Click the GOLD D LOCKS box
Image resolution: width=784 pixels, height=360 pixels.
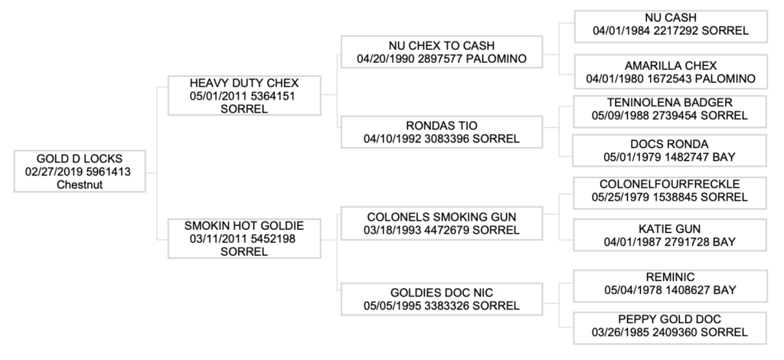[80, 172]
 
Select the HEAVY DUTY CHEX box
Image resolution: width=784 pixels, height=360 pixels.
[243, 95]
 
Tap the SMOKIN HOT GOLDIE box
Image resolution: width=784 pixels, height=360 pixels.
[243, 238]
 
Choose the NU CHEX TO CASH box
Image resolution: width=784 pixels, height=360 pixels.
[441, 52]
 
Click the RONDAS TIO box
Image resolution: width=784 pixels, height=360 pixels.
[441, 132]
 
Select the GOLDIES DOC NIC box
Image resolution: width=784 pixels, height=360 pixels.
[441, 299]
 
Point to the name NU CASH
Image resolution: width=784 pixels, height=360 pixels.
[671, 18]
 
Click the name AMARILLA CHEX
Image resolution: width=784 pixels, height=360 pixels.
[671, 65]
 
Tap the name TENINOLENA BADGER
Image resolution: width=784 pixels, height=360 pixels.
[671, 102]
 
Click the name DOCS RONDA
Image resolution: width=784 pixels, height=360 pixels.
[671, 144]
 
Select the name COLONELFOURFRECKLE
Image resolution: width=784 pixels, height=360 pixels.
[671, 184]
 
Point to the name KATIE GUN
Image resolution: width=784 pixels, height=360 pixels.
[671, 228]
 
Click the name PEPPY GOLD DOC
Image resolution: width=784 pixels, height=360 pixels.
[671, 319]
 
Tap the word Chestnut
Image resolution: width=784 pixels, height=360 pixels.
[80, 185]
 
